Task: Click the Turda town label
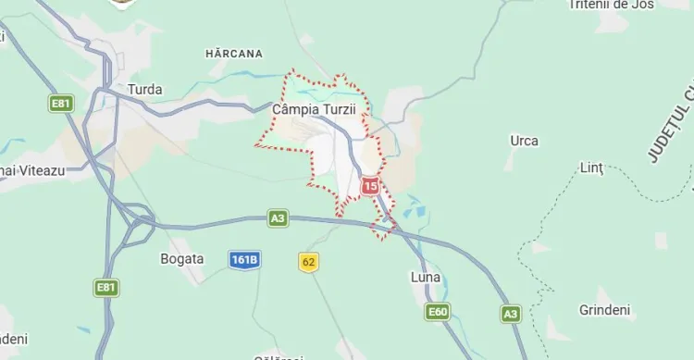click(145, 90)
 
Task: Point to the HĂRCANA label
click(233, 54)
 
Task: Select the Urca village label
click(524, 141)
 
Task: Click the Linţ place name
click(590, 168)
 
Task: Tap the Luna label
click(425, 277)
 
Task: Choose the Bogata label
click(181, 258)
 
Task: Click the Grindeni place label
click(603, 308)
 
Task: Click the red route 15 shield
click(370, 187)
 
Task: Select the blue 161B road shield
click(244, 260)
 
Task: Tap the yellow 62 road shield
click(308, 262)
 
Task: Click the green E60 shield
click(438, 313)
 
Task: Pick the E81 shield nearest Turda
click(61, 104)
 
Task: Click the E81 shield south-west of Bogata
click(106, 288)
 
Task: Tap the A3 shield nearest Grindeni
click(510, 314)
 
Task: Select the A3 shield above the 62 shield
click(278, 218)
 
